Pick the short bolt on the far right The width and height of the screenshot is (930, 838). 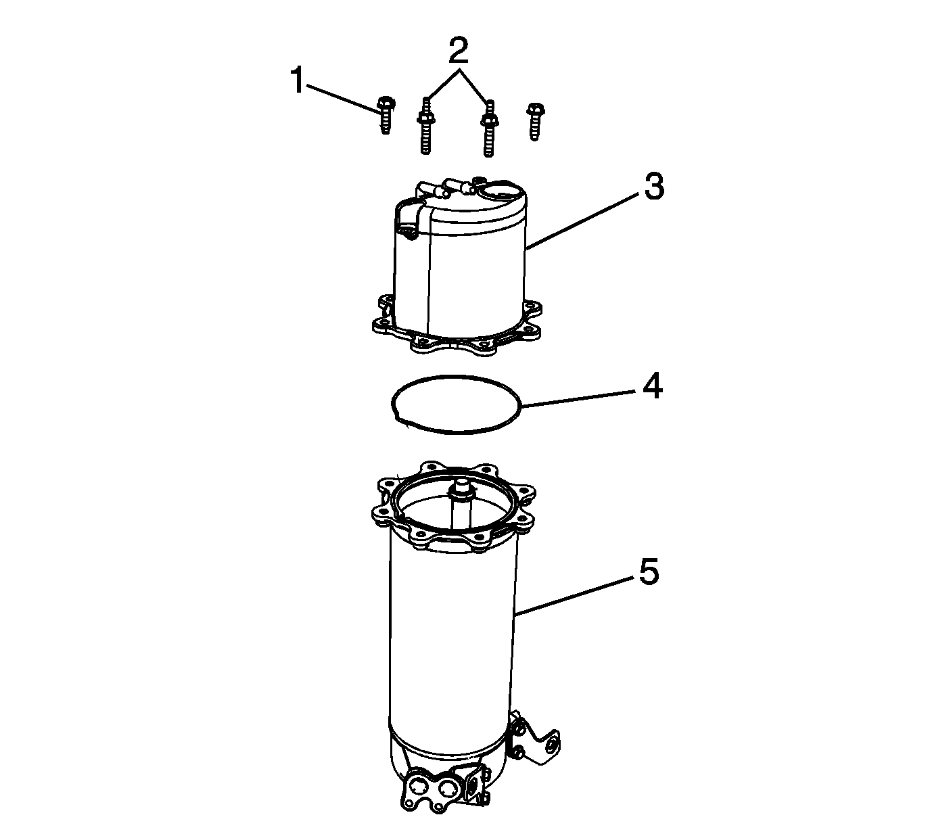(x=535, y=121)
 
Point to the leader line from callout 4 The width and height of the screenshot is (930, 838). (x=578, y=399)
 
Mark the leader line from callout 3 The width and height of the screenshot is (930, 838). (x=582, y=222)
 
